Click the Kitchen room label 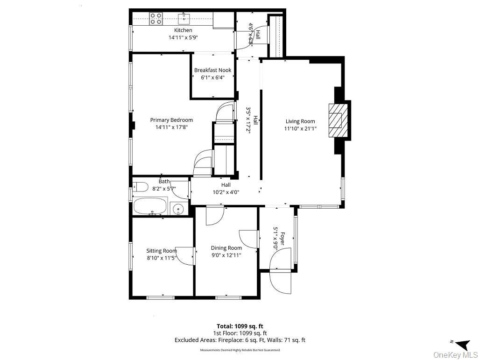[183, 30]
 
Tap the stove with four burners [156, 19]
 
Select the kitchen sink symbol [184, 18]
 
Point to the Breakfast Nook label [212, 71]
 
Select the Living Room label [300, 121]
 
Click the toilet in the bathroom [140, 188]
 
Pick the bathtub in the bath [150, 205]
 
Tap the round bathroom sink [177, 209]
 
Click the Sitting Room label [162, 251]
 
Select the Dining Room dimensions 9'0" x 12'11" [226, 255]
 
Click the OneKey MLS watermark [455, 355]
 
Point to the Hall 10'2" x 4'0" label [226, 188]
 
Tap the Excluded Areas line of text [240, 340]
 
